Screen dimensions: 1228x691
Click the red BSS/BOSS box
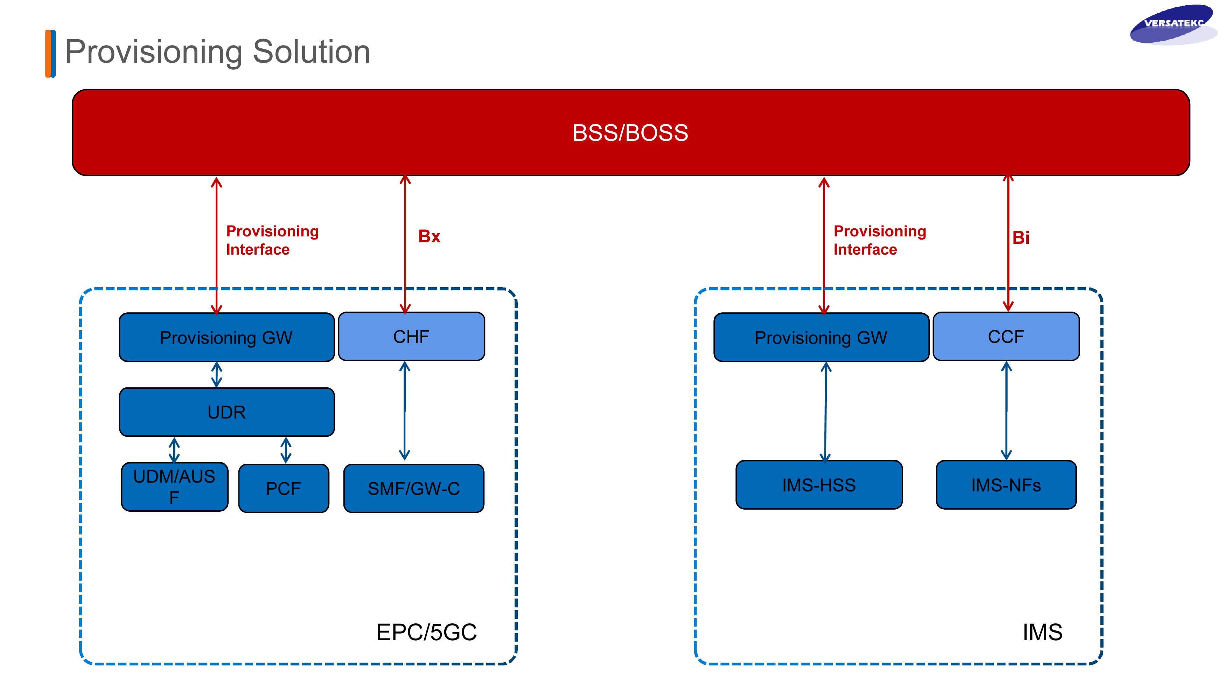pyautogui.click(x=631, y=133)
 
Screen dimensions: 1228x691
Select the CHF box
pyautogui.click(x=411, y=337)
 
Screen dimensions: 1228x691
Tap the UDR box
pyautogui.click(x=227, y=412)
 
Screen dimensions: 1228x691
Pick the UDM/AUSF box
pyautogui.click(x=174, y=487)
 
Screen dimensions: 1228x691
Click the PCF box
pyautogui.click(x=284, y=488)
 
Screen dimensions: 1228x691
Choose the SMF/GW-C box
pyautogui.click(x=414, y=488)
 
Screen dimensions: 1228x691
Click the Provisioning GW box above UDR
pyautogui.click(x=227, y=338)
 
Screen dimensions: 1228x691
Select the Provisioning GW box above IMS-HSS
pyautogui.click(x=821, y=338)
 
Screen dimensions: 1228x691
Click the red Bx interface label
pyautogui.click(x=429, y=236)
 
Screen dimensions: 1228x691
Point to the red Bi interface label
pyautogui.click(x=1021, y=237)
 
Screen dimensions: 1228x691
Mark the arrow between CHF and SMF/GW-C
pyautogui.click(x=405, y=410)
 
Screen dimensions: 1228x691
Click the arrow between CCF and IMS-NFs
pyautogui.click(x=1006, y=410)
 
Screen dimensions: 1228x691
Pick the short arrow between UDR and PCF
pyautogui.click(x=286, y=450)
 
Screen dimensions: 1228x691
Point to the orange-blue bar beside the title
pyautogui.click(x=50, y=54)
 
